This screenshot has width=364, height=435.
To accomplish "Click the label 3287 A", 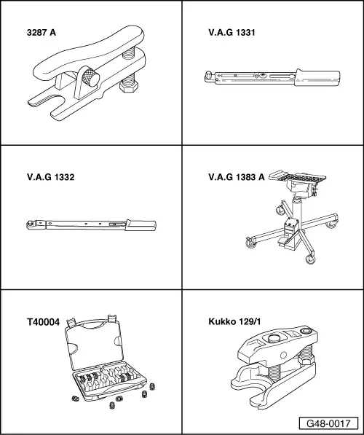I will coord(42,32).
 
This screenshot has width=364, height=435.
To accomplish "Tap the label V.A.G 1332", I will coord(49,176).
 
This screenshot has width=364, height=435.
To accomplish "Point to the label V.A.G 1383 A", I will coord(236,176).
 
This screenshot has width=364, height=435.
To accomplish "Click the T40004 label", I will coord(42,321).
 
